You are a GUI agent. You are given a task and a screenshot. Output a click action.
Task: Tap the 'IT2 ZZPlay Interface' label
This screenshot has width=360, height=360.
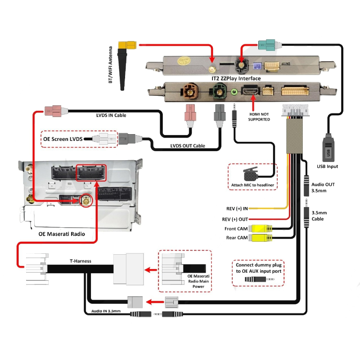pos(236,78)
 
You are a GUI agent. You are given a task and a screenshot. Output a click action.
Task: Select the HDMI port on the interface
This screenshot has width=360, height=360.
pos(251,91)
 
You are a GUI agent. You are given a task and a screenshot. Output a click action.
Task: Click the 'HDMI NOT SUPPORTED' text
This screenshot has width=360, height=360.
pos(259,117)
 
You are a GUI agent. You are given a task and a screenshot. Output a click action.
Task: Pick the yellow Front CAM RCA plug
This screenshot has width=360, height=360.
pos(261,229)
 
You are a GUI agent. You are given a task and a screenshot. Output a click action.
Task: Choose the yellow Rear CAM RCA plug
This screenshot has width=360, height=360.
pos(261,238)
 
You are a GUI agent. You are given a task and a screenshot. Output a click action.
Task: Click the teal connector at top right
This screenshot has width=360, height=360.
pos(268,45)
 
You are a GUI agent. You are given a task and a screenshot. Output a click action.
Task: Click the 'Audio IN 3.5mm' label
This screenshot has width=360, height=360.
pos(106,310)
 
